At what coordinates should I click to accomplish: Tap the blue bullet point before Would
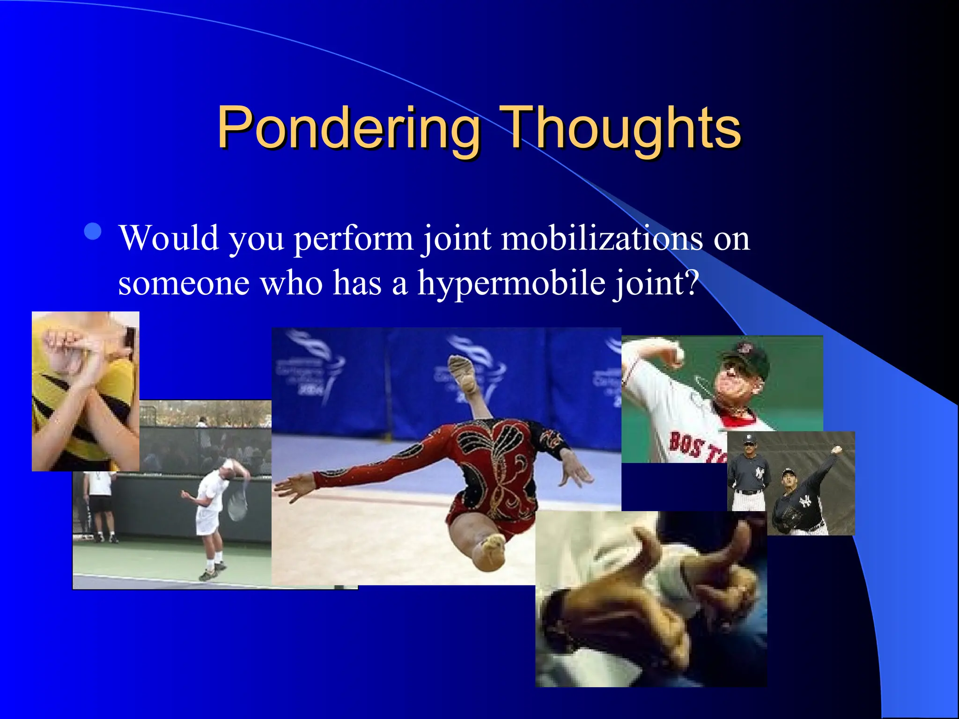point(93,231)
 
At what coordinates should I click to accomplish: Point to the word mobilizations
point(602,238)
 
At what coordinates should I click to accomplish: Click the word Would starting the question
point(169,238)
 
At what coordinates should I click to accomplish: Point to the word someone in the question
point(184,283)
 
